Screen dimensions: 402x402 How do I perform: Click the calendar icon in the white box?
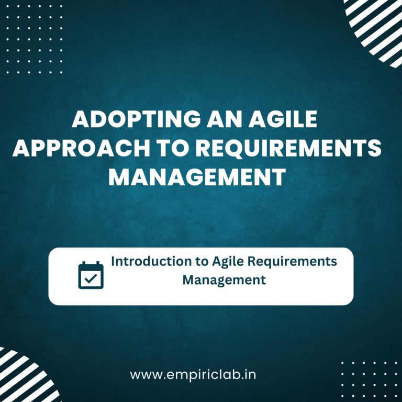pyautogui.click(x=91, y=275)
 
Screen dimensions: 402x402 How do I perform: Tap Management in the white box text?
pyautogui.click(x=224, y=280)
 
